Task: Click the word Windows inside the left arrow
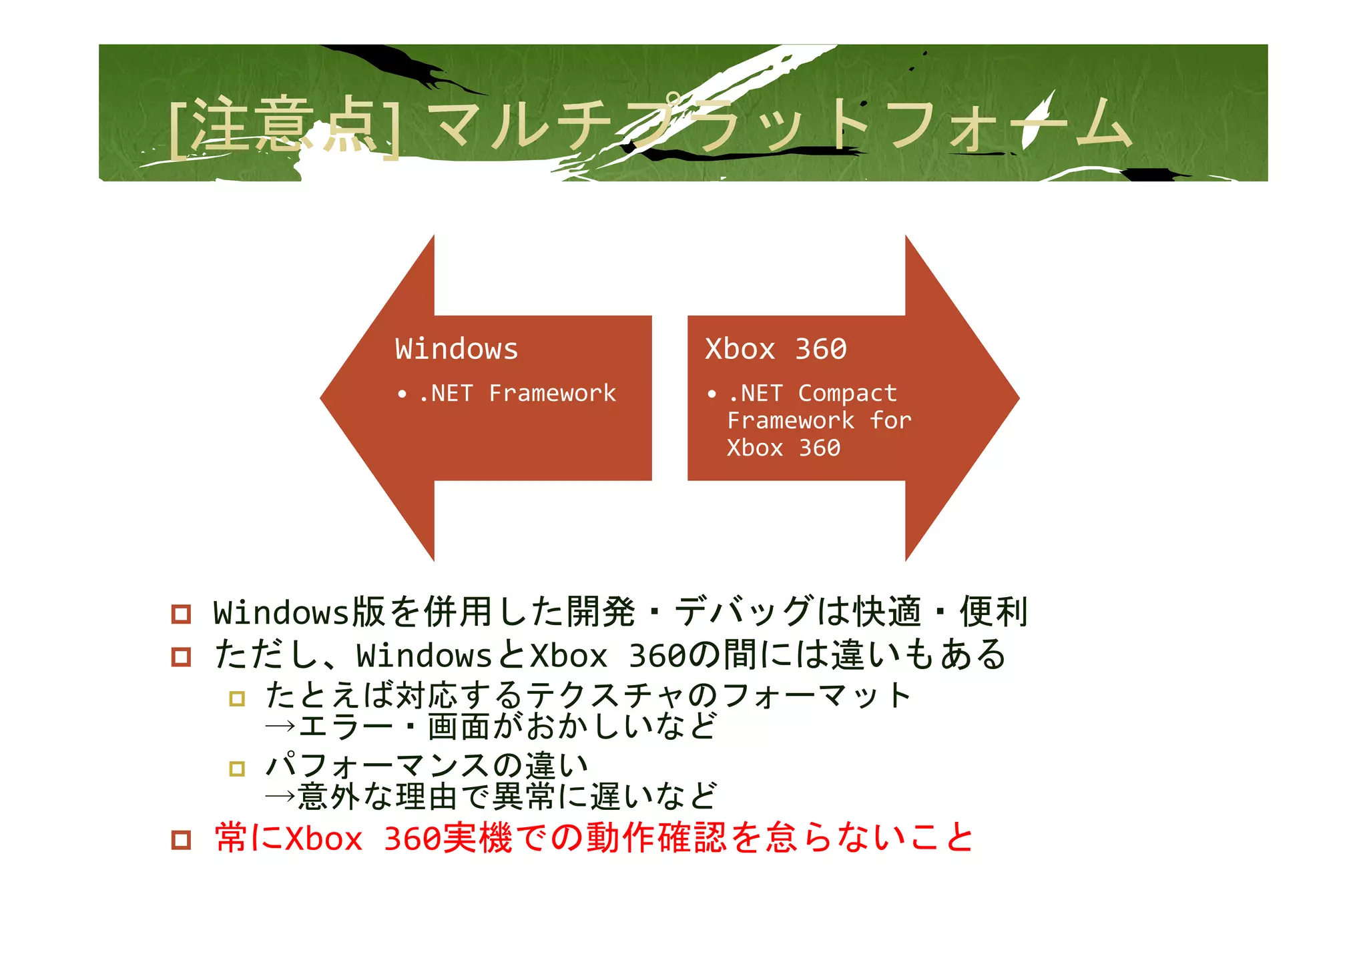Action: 457,349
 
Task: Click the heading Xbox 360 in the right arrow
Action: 776,349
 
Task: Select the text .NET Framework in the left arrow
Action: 517,393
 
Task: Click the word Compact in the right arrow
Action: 847,393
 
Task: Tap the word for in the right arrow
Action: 890,420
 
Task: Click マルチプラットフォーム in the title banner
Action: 781,125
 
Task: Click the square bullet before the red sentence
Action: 181,839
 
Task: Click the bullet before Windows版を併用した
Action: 181,613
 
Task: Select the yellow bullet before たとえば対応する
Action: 237,698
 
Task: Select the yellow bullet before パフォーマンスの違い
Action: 237,769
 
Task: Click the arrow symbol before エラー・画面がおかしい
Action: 280,726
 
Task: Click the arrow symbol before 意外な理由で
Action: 280,796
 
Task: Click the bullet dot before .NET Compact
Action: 712,394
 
